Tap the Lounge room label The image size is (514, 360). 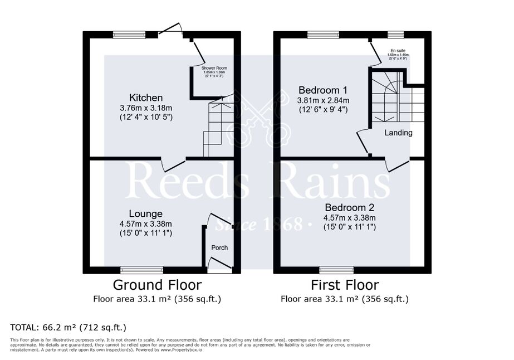click(145, 214)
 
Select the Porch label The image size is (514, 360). click(219, 247)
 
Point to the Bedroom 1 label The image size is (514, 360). click(323, 90)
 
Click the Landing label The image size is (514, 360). click(399, 133)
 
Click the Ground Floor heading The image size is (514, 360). click(157, 285)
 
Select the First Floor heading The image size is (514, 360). click(345, 285)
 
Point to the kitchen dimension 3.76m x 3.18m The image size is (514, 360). click(146, 108)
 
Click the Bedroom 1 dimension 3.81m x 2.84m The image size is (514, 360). click(324, 100)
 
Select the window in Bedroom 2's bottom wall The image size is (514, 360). click(336, 270)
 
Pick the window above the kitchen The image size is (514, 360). click(129, 35)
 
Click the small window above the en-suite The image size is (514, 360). click(395, 35)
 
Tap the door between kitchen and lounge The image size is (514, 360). click(173, 163)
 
